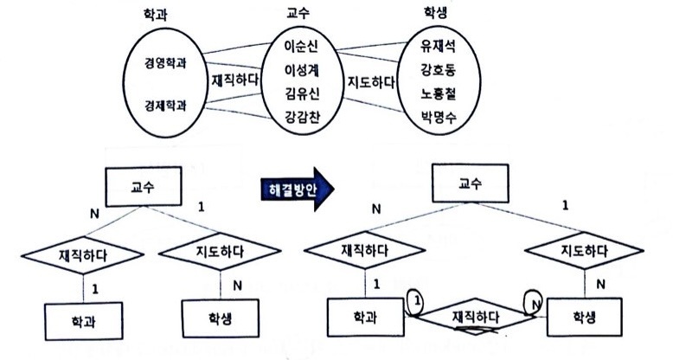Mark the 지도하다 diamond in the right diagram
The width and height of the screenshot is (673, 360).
(580, 253)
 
